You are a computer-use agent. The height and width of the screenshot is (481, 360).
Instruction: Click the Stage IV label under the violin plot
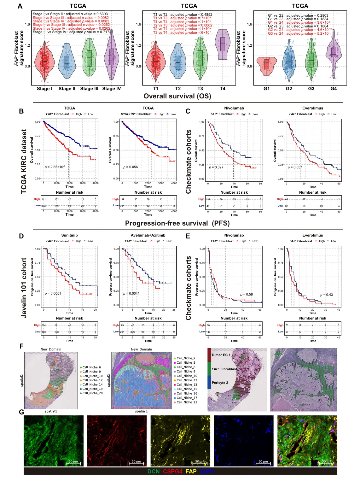tap(111, 89)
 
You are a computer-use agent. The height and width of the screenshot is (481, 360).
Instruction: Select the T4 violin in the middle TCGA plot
tap(223, 45)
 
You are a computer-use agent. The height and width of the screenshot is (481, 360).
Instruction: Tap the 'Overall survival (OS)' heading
tap(177, 96)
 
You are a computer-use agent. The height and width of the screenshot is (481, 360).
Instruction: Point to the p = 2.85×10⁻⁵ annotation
tap(55, 167)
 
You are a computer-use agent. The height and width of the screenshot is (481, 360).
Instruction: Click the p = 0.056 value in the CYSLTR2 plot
tap(131, 167)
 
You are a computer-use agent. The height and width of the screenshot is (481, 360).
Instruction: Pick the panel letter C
tap(188, 111)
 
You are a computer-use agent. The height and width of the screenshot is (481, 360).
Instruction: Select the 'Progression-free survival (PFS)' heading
tap(177, 223)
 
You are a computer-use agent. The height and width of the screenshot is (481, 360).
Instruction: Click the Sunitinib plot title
tap(69, 235)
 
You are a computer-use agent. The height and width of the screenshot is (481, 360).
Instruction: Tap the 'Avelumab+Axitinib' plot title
tap(148, 235)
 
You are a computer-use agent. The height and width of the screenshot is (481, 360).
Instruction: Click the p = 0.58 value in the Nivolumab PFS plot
tap(246, 294)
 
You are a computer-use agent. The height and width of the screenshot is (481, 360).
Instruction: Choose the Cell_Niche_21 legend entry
tap(187, 402)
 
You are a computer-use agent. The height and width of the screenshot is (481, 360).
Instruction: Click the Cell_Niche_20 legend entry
tap(92, 393)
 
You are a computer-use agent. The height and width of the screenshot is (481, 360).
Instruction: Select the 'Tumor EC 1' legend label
tap(221, 355)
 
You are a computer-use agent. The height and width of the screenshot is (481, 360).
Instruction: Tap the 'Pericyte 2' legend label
tap(220, 383)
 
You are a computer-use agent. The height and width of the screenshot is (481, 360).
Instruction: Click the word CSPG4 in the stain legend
tap(172, 472)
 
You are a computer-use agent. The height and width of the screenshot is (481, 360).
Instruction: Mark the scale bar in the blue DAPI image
tap(263, 463)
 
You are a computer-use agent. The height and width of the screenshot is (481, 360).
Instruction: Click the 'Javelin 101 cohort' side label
tap(24, 287)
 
